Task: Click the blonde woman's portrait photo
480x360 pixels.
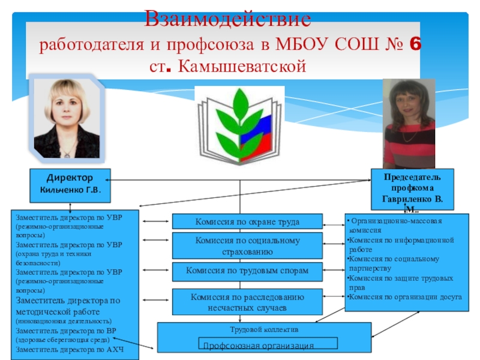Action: point(67,117)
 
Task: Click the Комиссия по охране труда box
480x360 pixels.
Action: point(247,221)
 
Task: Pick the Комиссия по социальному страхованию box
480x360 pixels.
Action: point(247,245)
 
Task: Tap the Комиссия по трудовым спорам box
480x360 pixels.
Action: point(247,271)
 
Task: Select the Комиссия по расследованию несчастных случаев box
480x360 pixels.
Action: point(247,302)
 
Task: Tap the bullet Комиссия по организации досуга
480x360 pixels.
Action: point(406,296)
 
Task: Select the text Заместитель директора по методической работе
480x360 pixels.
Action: point(68,307)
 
